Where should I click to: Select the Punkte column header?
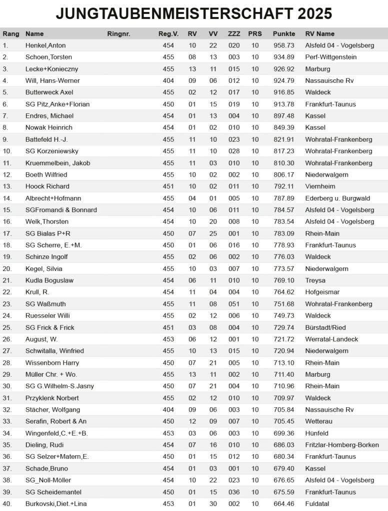(x=283, y=34)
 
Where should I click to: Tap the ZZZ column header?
(x=233, y=34)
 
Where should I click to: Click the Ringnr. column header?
(x=118, y=34)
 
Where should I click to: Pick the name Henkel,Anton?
(x=45, y=45)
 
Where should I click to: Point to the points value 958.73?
(x=283, y=45)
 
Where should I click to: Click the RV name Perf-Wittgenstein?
(x=331, y=57)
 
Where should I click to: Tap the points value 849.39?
(x=283, y=128)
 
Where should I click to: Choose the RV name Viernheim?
(x=320, y=187)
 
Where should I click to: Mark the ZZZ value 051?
(x=233, y=304)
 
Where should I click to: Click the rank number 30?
(x=7, y=386)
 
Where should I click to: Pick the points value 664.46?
(x=283, y=504)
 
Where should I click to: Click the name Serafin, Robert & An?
(x=56, y=422)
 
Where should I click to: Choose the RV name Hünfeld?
(x=318, y=433)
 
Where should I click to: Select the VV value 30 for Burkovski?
(x=213, y=504)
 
